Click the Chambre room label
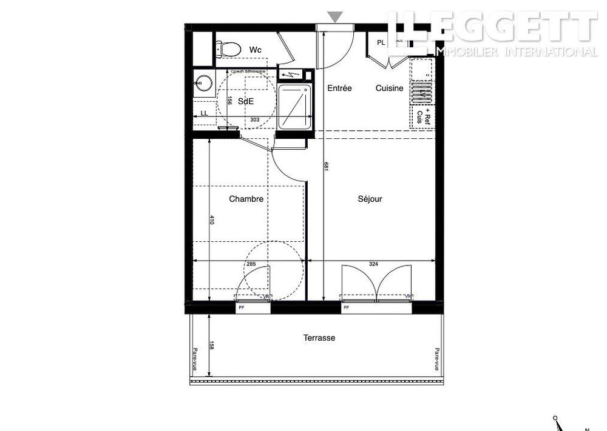point(246,199)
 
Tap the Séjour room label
point(370,199)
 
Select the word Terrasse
point(319,338)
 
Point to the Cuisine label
point(389,88)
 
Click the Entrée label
point(339,88)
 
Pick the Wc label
point(255,49)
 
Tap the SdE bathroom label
point(246,101)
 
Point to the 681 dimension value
point(326,167)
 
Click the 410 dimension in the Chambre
point(212,220)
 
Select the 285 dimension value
point(250,264)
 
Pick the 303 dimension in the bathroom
point(255,120)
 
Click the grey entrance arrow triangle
point(334,16)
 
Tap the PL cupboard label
point(381,42)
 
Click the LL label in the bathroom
point(204,113)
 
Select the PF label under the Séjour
point(347,308)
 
